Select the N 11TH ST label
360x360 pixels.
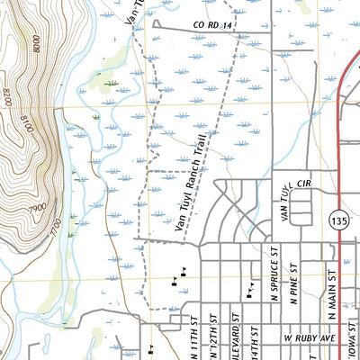pyautogui.click(x=193, y=337)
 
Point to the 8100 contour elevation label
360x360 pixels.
pyautogui.click(x=26, y=126)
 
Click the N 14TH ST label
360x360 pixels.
pyautogui.click(x=255, y=340)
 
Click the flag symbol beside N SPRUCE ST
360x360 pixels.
pyautogui.click(x=248, y=291)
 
